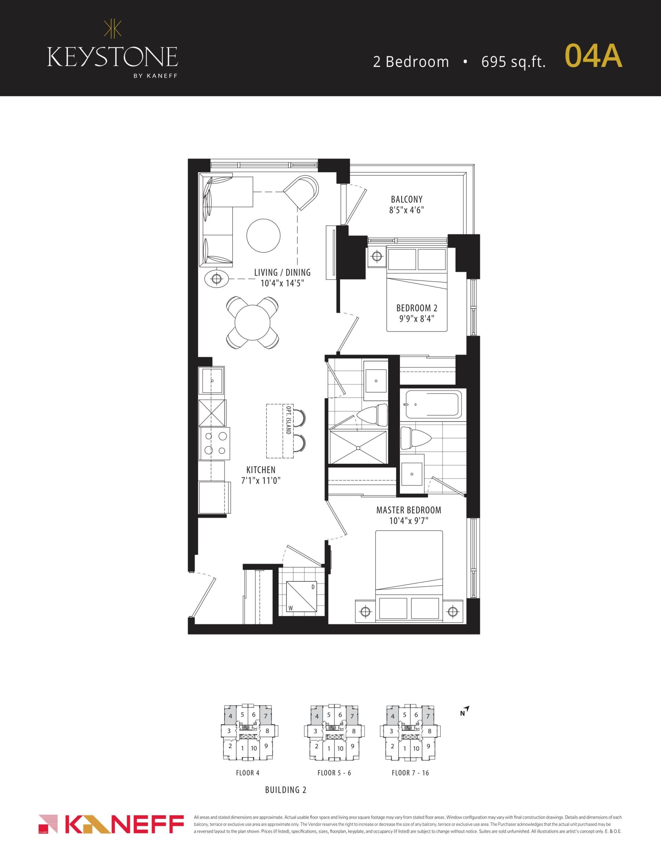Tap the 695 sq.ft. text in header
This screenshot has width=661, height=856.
[513, 62]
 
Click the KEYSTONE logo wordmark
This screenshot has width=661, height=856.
[113, 57]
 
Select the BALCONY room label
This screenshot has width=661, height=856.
[406, 199]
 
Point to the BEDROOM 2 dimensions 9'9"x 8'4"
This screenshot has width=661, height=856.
[416, 319]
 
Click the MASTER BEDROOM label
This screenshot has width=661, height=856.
[409, 510]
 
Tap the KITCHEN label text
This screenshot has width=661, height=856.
[261, 469]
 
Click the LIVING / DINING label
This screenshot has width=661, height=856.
[282, 273]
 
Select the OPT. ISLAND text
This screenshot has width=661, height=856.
[288, 420]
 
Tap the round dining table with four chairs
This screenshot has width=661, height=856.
[252, 323]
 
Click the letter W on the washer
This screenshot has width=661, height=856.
[291, 608]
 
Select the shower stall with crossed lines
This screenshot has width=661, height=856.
[358, 447]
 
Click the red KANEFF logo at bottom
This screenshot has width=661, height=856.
[111, 824]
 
